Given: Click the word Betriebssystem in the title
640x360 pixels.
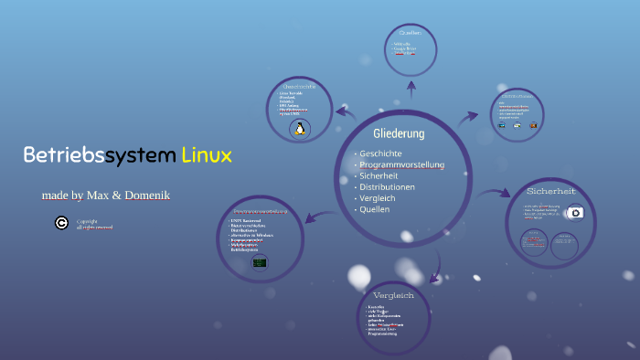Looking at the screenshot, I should click(99, 154).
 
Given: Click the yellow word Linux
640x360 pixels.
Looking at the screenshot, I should click(207, 154).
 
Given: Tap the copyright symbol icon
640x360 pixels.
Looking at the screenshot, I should click(61, 222).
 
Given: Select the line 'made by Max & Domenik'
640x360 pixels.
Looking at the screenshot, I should click(105, 196).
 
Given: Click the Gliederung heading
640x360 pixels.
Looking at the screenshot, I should click(399, 133).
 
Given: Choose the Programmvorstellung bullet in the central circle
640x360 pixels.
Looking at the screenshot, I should click(401, 164).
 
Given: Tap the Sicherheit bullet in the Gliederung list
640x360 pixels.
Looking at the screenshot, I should click(378, 175).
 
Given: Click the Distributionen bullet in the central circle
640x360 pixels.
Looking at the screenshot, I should click(387, 187).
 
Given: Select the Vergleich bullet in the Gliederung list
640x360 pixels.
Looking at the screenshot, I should click(379, 198).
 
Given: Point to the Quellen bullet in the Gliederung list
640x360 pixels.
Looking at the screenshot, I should click(374, 209).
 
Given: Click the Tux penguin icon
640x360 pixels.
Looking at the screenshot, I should click(299, 129).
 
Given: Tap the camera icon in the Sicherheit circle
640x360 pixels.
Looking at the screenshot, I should click(575, 212).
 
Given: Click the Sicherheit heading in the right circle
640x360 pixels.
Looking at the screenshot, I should click(550, 191).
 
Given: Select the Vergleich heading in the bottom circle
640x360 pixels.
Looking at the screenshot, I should click(394, 295).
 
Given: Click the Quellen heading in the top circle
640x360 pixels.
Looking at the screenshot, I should click(411, 34).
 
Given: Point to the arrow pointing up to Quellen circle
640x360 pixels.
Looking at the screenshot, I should click(411, 89).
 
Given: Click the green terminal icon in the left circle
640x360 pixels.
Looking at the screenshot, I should click(260, 262).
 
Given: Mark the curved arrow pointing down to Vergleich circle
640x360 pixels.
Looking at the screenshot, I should click(437, 266).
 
